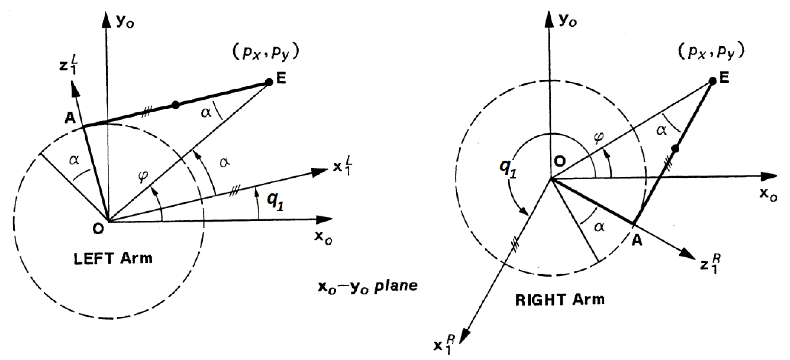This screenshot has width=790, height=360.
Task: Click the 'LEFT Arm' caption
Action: (x=113, y=259)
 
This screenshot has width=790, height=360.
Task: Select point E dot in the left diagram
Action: (x=269, y=82)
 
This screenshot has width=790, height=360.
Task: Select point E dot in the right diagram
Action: (x=713, y=81)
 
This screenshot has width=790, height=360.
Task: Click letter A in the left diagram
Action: (x=70, y=118)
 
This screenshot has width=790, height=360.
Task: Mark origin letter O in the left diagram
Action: (x=98, y=229)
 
